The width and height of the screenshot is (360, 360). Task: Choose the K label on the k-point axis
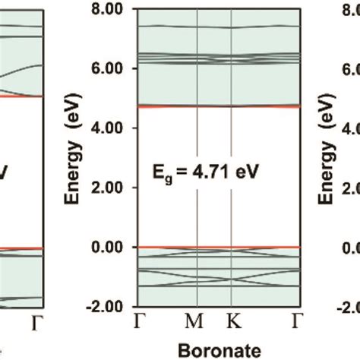232,323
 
